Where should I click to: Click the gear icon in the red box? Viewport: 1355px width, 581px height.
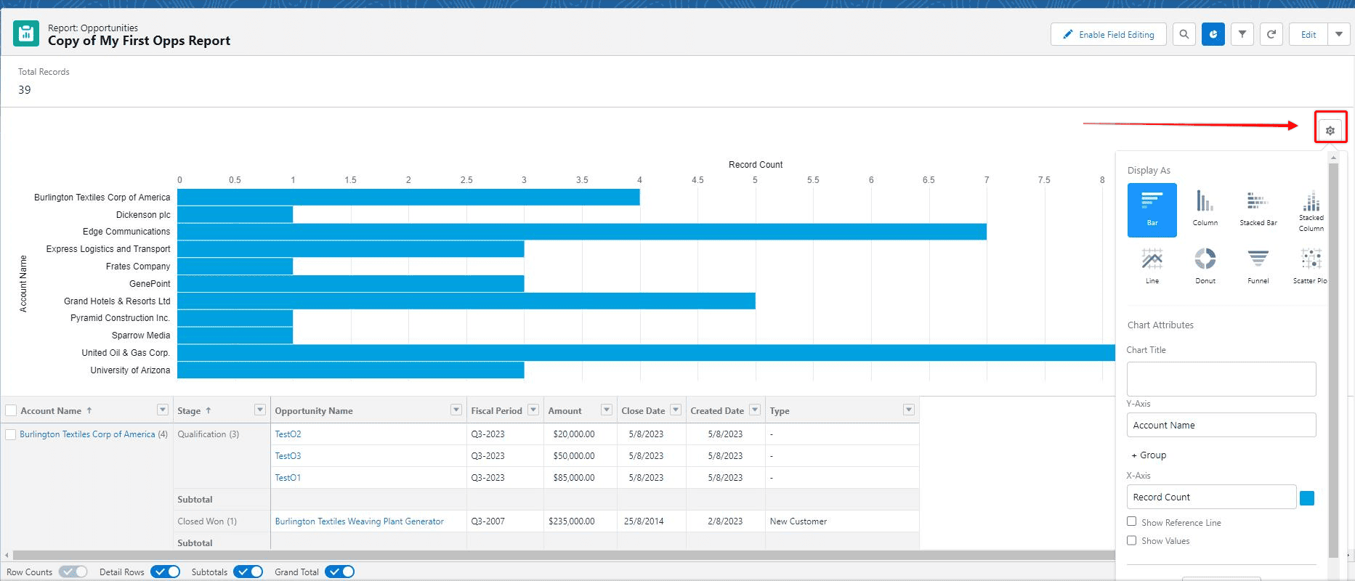[1330, 131]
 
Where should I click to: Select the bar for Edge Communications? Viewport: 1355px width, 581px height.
[581, 232]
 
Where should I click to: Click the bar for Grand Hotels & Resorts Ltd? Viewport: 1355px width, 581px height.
[466, 301]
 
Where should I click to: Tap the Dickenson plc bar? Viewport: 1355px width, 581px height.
[235, 214]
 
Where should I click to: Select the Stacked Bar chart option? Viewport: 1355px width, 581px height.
[1258, 208]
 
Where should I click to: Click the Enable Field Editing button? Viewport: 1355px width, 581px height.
[1108, 34]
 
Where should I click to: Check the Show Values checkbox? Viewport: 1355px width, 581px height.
[1131, 540]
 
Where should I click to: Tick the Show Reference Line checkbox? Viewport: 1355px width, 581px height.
[1131, 521]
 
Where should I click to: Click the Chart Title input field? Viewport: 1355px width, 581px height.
[1221, 379]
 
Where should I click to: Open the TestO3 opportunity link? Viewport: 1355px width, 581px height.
[288, 456]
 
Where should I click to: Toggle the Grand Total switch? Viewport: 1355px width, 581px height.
[339, 572]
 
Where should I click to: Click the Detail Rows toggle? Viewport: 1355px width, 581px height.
[165, 572]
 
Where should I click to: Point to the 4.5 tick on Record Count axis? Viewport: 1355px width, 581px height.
[697, 180]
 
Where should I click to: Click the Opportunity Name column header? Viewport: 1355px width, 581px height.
[314, 411]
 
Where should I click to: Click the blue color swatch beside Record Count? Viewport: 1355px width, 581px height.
[1306, 497]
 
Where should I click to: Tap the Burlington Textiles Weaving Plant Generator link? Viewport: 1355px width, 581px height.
[359, 521]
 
